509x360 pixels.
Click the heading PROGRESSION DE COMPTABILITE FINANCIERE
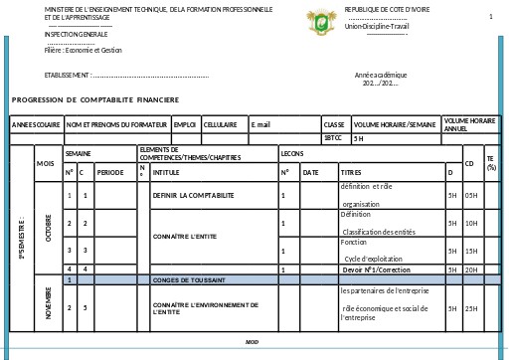(x=95, y=99)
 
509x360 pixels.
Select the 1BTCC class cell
(x=332, y=138)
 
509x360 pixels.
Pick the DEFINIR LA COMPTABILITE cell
(x=194, y=195)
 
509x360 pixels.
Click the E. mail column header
(x=261, y=124)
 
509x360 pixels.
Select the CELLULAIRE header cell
(x=220, y=124)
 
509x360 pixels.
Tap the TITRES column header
(x=352, y=172)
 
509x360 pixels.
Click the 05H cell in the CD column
(x=470, y=195)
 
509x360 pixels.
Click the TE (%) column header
(x=490, y=162)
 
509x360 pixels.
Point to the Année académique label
(x=381, y=75)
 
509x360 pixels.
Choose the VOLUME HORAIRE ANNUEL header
(x=469, y=124)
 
